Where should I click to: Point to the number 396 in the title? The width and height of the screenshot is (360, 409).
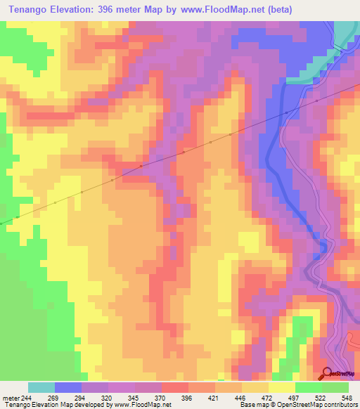tap(114, 9)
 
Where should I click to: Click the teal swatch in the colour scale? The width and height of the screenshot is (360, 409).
tap(41, 387)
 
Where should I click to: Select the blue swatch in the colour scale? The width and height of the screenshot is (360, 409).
tap(68, 387)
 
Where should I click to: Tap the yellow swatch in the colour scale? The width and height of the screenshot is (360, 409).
tap(282, 387)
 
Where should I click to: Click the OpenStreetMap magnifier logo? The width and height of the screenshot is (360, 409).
tap(327, 374)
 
